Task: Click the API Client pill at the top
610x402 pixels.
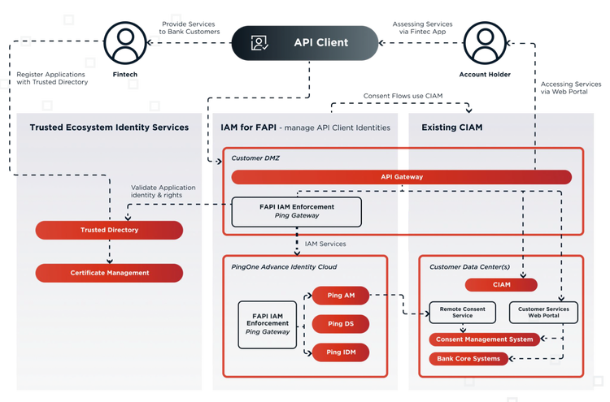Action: pos(305,43)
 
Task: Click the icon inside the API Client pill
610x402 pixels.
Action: pos(259,43)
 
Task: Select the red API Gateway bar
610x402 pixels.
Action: pos(401,177)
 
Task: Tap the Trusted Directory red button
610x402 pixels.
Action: pos(109,230)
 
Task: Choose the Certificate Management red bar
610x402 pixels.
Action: pos(109,273)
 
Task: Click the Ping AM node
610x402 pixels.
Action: pos(340,296)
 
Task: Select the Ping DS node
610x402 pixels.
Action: pos(340,324)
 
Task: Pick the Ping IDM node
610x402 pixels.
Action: pos(340,352)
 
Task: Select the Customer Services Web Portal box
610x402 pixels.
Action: pos(543,313)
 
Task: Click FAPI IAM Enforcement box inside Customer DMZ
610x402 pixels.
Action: pos(296,211)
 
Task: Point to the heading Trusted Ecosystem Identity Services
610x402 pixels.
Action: pos(109,128)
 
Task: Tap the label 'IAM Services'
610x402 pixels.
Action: pos(325,244)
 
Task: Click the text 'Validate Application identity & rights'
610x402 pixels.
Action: pos(163,192)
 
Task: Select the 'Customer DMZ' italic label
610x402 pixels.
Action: pos(257,158)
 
